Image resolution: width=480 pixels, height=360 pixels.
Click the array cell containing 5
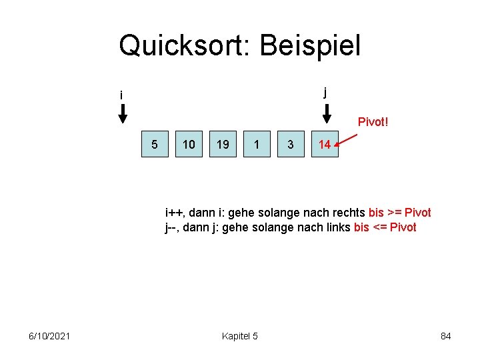pos(155,144)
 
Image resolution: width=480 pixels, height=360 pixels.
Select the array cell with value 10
pos(189,144)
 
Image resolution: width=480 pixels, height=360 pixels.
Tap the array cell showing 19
pos(223,144)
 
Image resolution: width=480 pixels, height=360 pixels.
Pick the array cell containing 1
pos(257,144)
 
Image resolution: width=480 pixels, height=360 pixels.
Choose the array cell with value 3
pos(291,144)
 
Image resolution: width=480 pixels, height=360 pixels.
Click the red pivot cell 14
pos(325,144)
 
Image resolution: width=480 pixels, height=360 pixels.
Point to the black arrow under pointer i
pos(123,115)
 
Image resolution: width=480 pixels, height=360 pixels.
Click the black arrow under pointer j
pos(327,115)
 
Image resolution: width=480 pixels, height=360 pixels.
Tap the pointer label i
pos(121,95)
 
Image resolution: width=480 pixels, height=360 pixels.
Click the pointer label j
pos(325,92)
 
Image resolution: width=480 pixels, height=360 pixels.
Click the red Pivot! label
pos(373,122)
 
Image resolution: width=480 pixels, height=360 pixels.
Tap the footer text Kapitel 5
pos(240,336)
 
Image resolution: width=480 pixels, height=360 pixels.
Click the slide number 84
pos(446,336)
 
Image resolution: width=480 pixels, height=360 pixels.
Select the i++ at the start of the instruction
pos(175,213)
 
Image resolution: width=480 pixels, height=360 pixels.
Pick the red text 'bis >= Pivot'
pos(399,213)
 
